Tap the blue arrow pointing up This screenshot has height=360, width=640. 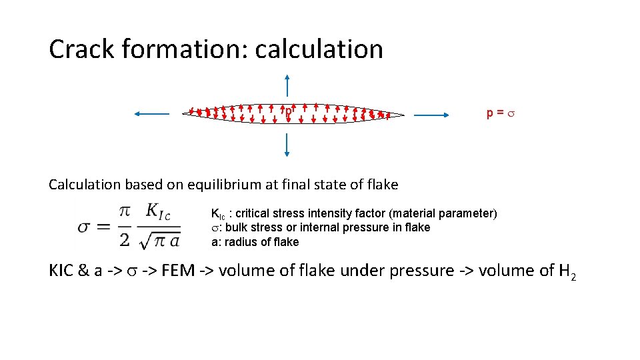pos(287,87)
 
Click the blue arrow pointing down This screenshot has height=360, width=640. pos(287,145)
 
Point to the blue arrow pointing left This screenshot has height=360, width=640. pos(152,114)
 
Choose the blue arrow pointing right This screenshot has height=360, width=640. pos(433,115)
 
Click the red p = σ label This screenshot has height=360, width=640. pos(501,114)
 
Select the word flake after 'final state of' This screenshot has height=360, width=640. pos(382,184)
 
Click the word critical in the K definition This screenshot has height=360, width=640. pos(255,213)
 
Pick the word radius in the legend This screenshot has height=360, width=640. pos(237,242)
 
